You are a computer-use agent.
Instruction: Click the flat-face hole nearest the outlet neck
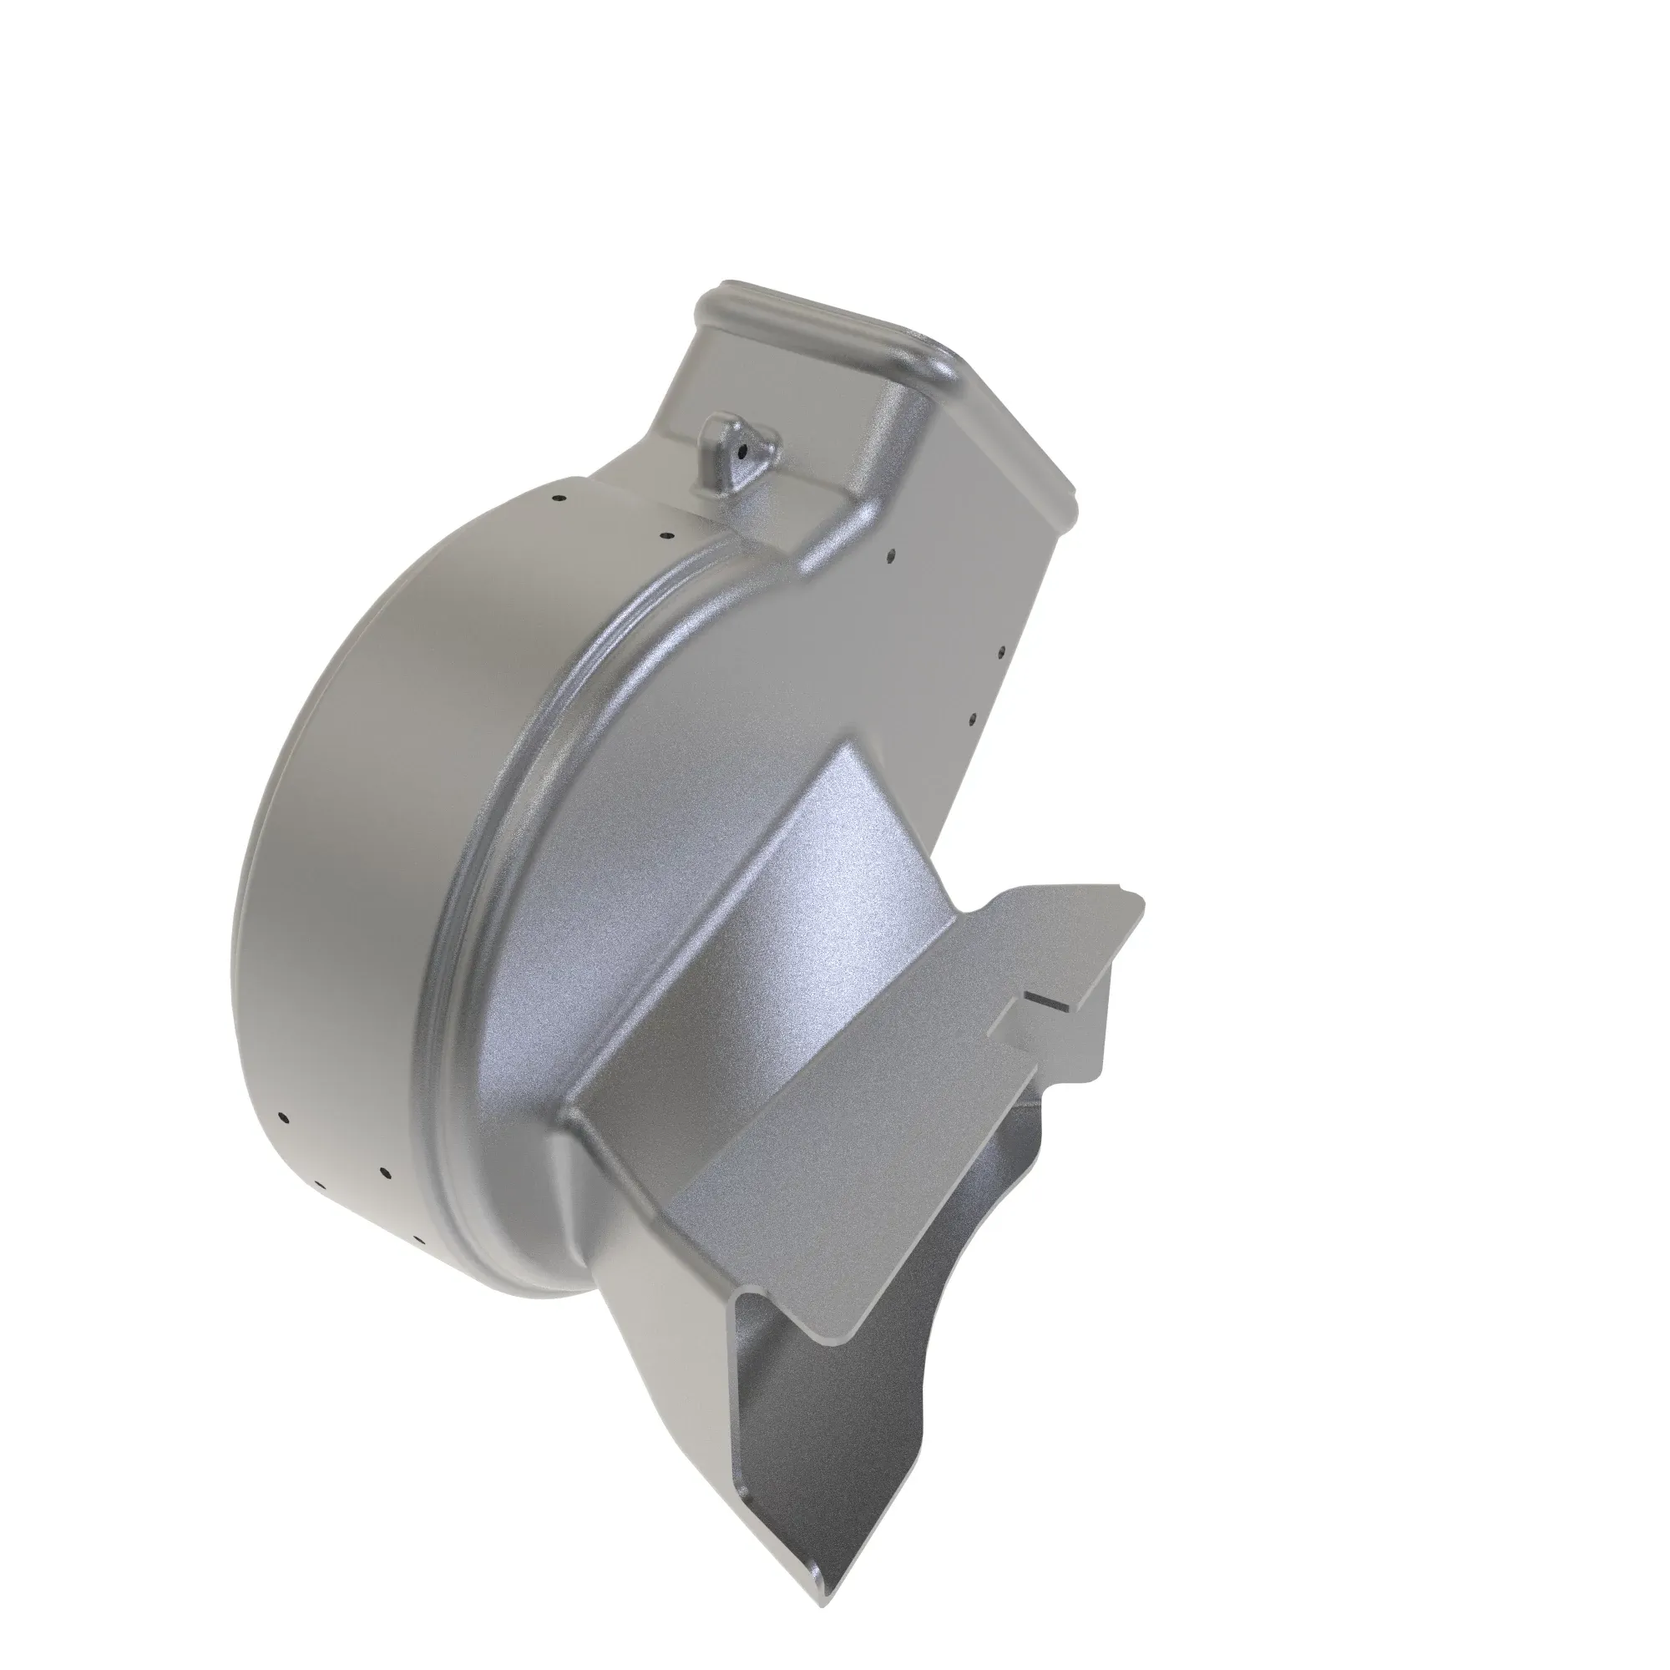tap(893, 558)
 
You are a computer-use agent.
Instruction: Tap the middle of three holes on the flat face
tap(1000, 654)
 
